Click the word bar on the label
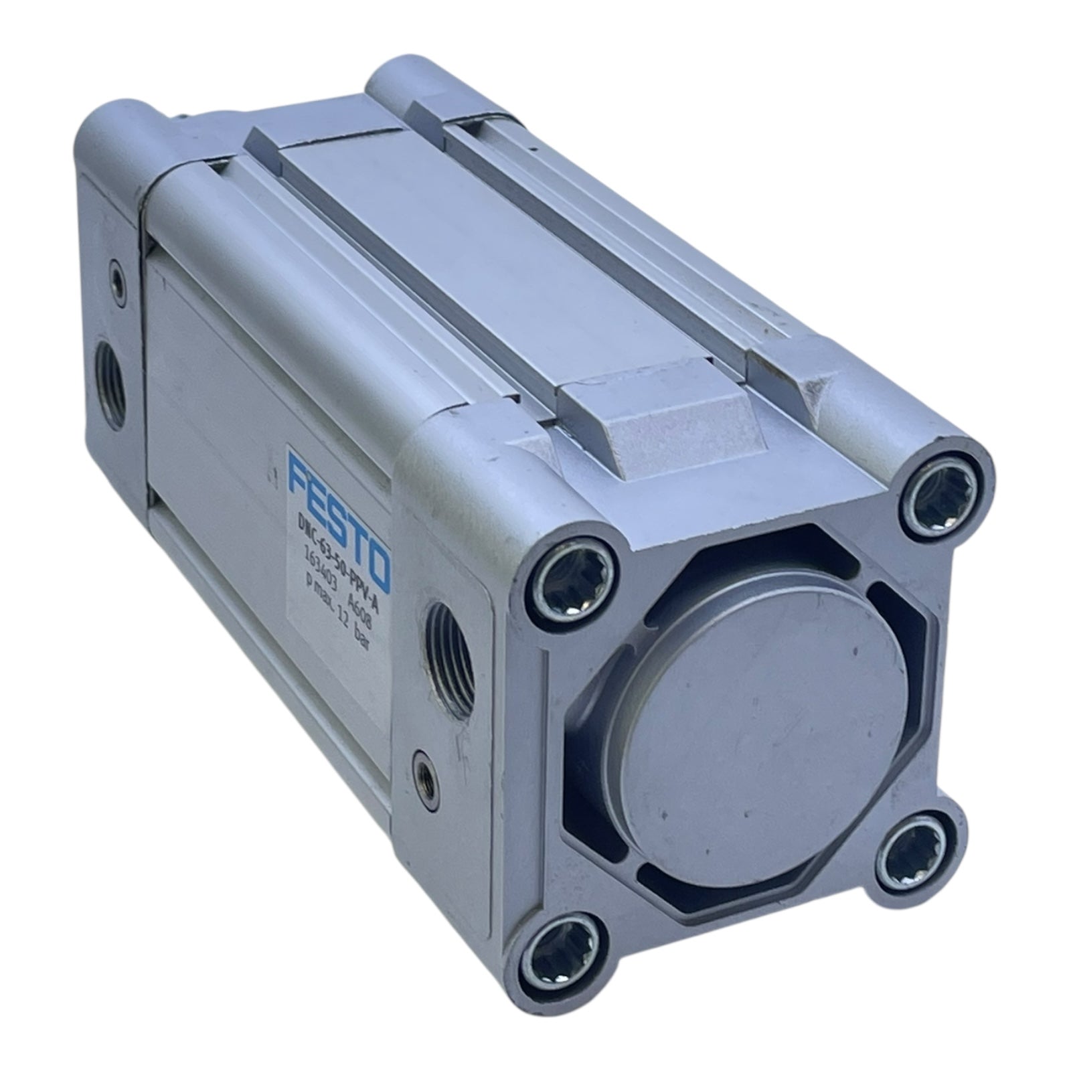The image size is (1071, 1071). tap(367, 652)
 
